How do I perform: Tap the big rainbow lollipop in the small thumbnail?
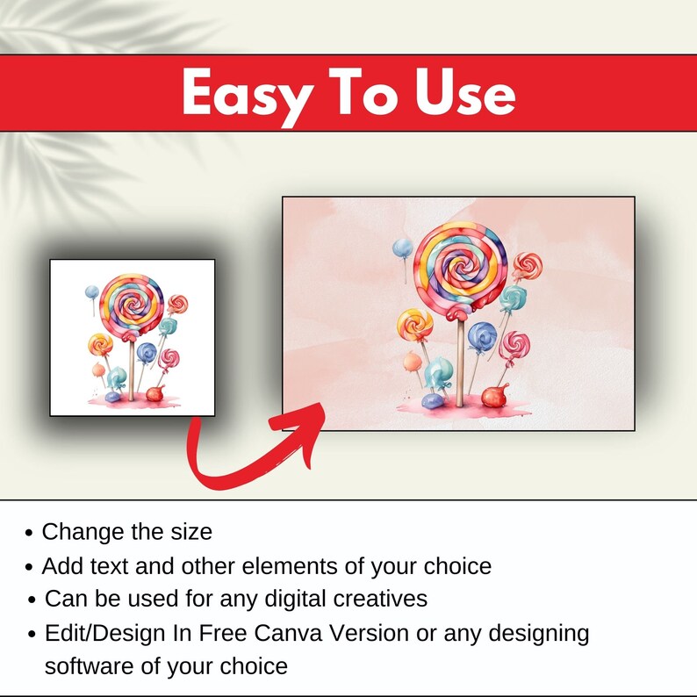coord(133,304)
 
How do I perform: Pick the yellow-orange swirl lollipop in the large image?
coord(414,326)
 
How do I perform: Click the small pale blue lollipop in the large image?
coord(402,249)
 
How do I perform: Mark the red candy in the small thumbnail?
coord(156,392)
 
